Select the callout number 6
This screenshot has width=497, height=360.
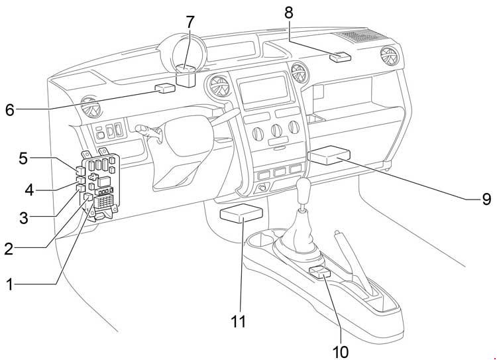click(9, 109)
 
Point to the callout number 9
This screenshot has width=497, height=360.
click(486, 199)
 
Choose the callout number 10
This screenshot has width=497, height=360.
click(341, 350)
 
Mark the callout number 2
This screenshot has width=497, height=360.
click(9, 249)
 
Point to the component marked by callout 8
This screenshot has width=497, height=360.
click(342, 56)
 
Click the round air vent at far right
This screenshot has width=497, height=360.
click(382, 55)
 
